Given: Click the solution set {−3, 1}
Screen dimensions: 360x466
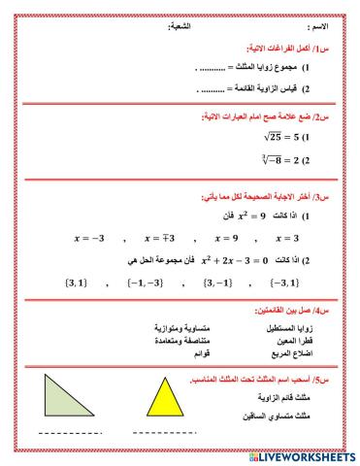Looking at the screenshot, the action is click(x=278, y=283).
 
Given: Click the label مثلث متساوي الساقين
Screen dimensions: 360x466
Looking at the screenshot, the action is click(x=290, y=416).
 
